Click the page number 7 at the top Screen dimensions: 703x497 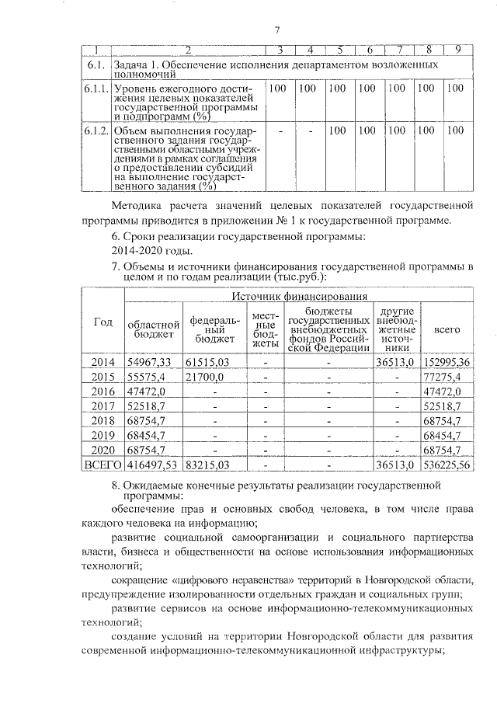[x=276, y=30]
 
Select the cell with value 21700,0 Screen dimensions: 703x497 [x=206, y=377]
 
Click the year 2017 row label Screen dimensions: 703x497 [x=103, y=406]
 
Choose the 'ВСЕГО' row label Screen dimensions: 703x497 [x=103, y=465]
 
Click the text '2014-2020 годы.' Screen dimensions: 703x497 [x=152, y=251]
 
